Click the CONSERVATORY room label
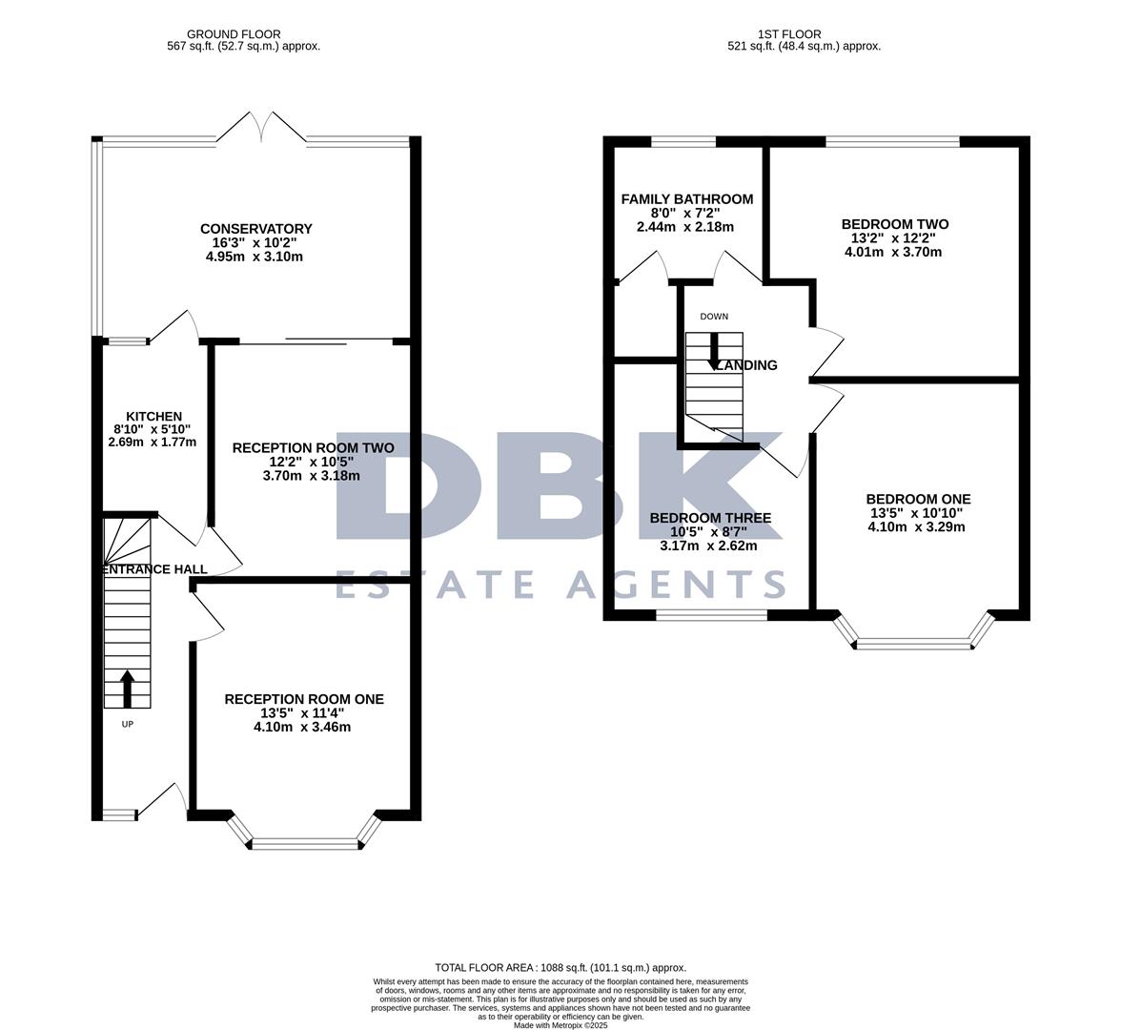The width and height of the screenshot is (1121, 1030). [255, 229]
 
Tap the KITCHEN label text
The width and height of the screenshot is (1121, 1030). [153, 417]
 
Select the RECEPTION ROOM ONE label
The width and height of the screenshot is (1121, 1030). [303, 699]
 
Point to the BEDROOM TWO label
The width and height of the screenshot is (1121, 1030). [894, 224]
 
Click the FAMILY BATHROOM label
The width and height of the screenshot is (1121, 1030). [686, 199]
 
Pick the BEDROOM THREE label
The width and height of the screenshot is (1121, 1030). [709, 518]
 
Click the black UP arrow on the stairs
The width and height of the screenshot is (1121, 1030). [127, 688]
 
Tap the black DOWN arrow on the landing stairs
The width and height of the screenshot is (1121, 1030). [713, 351]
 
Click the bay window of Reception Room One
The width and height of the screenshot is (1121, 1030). [305, 842]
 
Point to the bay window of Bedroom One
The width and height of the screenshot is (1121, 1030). [913, 644]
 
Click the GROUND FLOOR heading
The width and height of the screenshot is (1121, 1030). [234, 34]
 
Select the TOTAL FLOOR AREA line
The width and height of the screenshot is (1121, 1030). [560, 967]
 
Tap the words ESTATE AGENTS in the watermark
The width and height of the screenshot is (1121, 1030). [560, 584]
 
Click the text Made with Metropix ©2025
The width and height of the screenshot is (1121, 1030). [560, 1025]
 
